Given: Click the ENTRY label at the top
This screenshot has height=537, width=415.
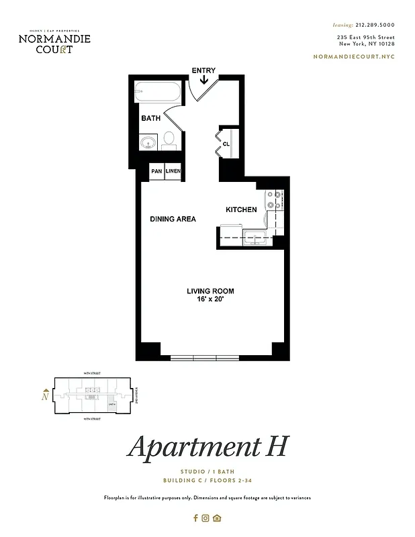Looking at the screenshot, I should [x=203, y=70].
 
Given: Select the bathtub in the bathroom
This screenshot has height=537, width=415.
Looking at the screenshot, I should [x=158, y=92].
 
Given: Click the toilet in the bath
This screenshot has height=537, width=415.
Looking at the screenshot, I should [x=169, y=140].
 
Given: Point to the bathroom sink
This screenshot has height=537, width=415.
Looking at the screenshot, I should [x=148, y=142].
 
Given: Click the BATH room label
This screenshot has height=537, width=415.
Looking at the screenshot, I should [x=150, y=118].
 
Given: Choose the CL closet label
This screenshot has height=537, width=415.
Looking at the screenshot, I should [x=226, y=143].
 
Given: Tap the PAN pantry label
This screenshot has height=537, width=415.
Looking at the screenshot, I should [x=156, y=172].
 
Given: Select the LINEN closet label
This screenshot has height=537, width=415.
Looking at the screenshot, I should [x=173, y=172].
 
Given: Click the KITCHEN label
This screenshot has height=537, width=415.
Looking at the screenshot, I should [x=241, y=209].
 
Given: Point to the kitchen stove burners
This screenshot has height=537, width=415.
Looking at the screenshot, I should [x=274, y=199].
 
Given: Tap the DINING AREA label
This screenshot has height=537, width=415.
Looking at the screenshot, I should [x=173, y=219].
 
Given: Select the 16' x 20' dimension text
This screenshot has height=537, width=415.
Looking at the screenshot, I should [x=210, y=299].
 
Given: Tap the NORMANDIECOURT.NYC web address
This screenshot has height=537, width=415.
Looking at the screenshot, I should [x=355, y=56].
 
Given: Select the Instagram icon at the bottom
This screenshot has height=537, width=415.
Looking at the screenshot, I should [x=205, y=518].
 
